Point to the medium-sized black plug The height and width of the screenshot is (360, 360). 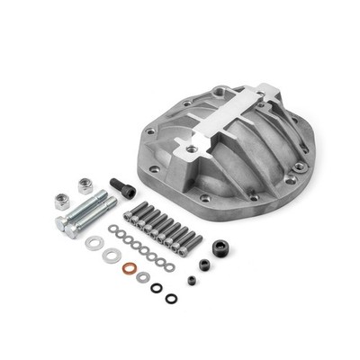[x=204, y=265]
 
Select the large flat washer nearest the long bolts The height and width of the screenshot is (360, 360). [x=94, y=242]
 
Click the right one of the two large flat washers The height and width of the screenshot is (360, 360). [x=111, y=256]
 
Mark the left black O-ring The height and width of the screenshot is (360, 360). [x=157, y=288]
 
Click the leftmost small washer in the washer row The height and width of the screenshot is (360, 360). [x=112, y=229]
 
